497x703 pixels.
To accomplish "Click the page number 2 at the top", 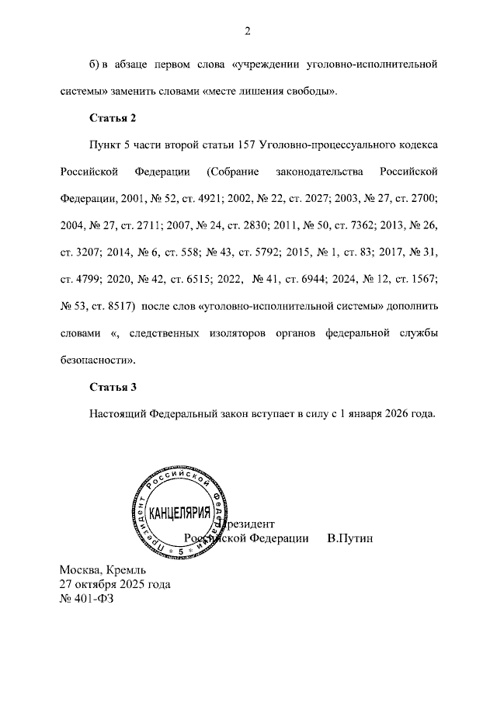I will pos(248,31).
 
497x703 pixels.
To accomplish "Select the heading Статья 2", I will pos(113,118).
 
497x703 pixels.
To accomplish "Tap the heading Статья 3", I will pos(113,387).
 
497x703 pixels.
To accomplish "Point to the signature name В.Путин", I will pos(350,538).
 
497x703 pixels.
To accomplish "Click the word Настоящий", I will pos(116,414).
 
